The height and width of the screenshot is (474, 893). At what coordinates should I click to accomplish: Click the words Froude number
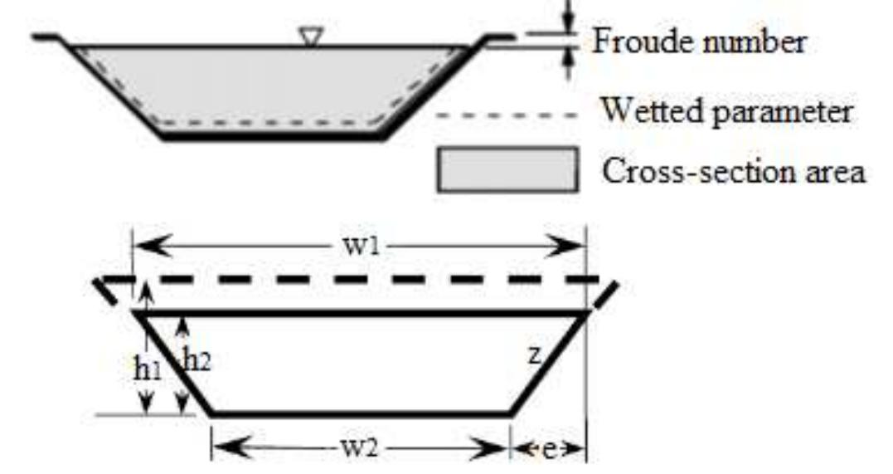point(698,42)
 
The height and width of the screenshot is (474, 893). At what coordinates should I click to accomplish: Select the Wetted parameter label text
point(726,111)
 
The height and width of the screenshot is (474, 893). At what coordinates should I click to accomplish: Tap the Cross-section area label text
point(733,172)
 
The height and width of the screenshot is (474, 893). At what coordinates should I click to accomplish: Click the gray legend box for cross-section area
point(507,169)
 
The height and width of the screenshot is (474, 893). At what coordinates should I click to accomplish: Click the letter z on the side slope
point(536,355)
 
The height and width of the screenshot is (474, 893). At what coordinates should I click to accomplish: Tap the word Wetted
point(645,111)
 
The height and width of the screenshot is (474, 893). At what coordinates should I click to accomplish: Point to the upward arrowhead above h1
point(146,289)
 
